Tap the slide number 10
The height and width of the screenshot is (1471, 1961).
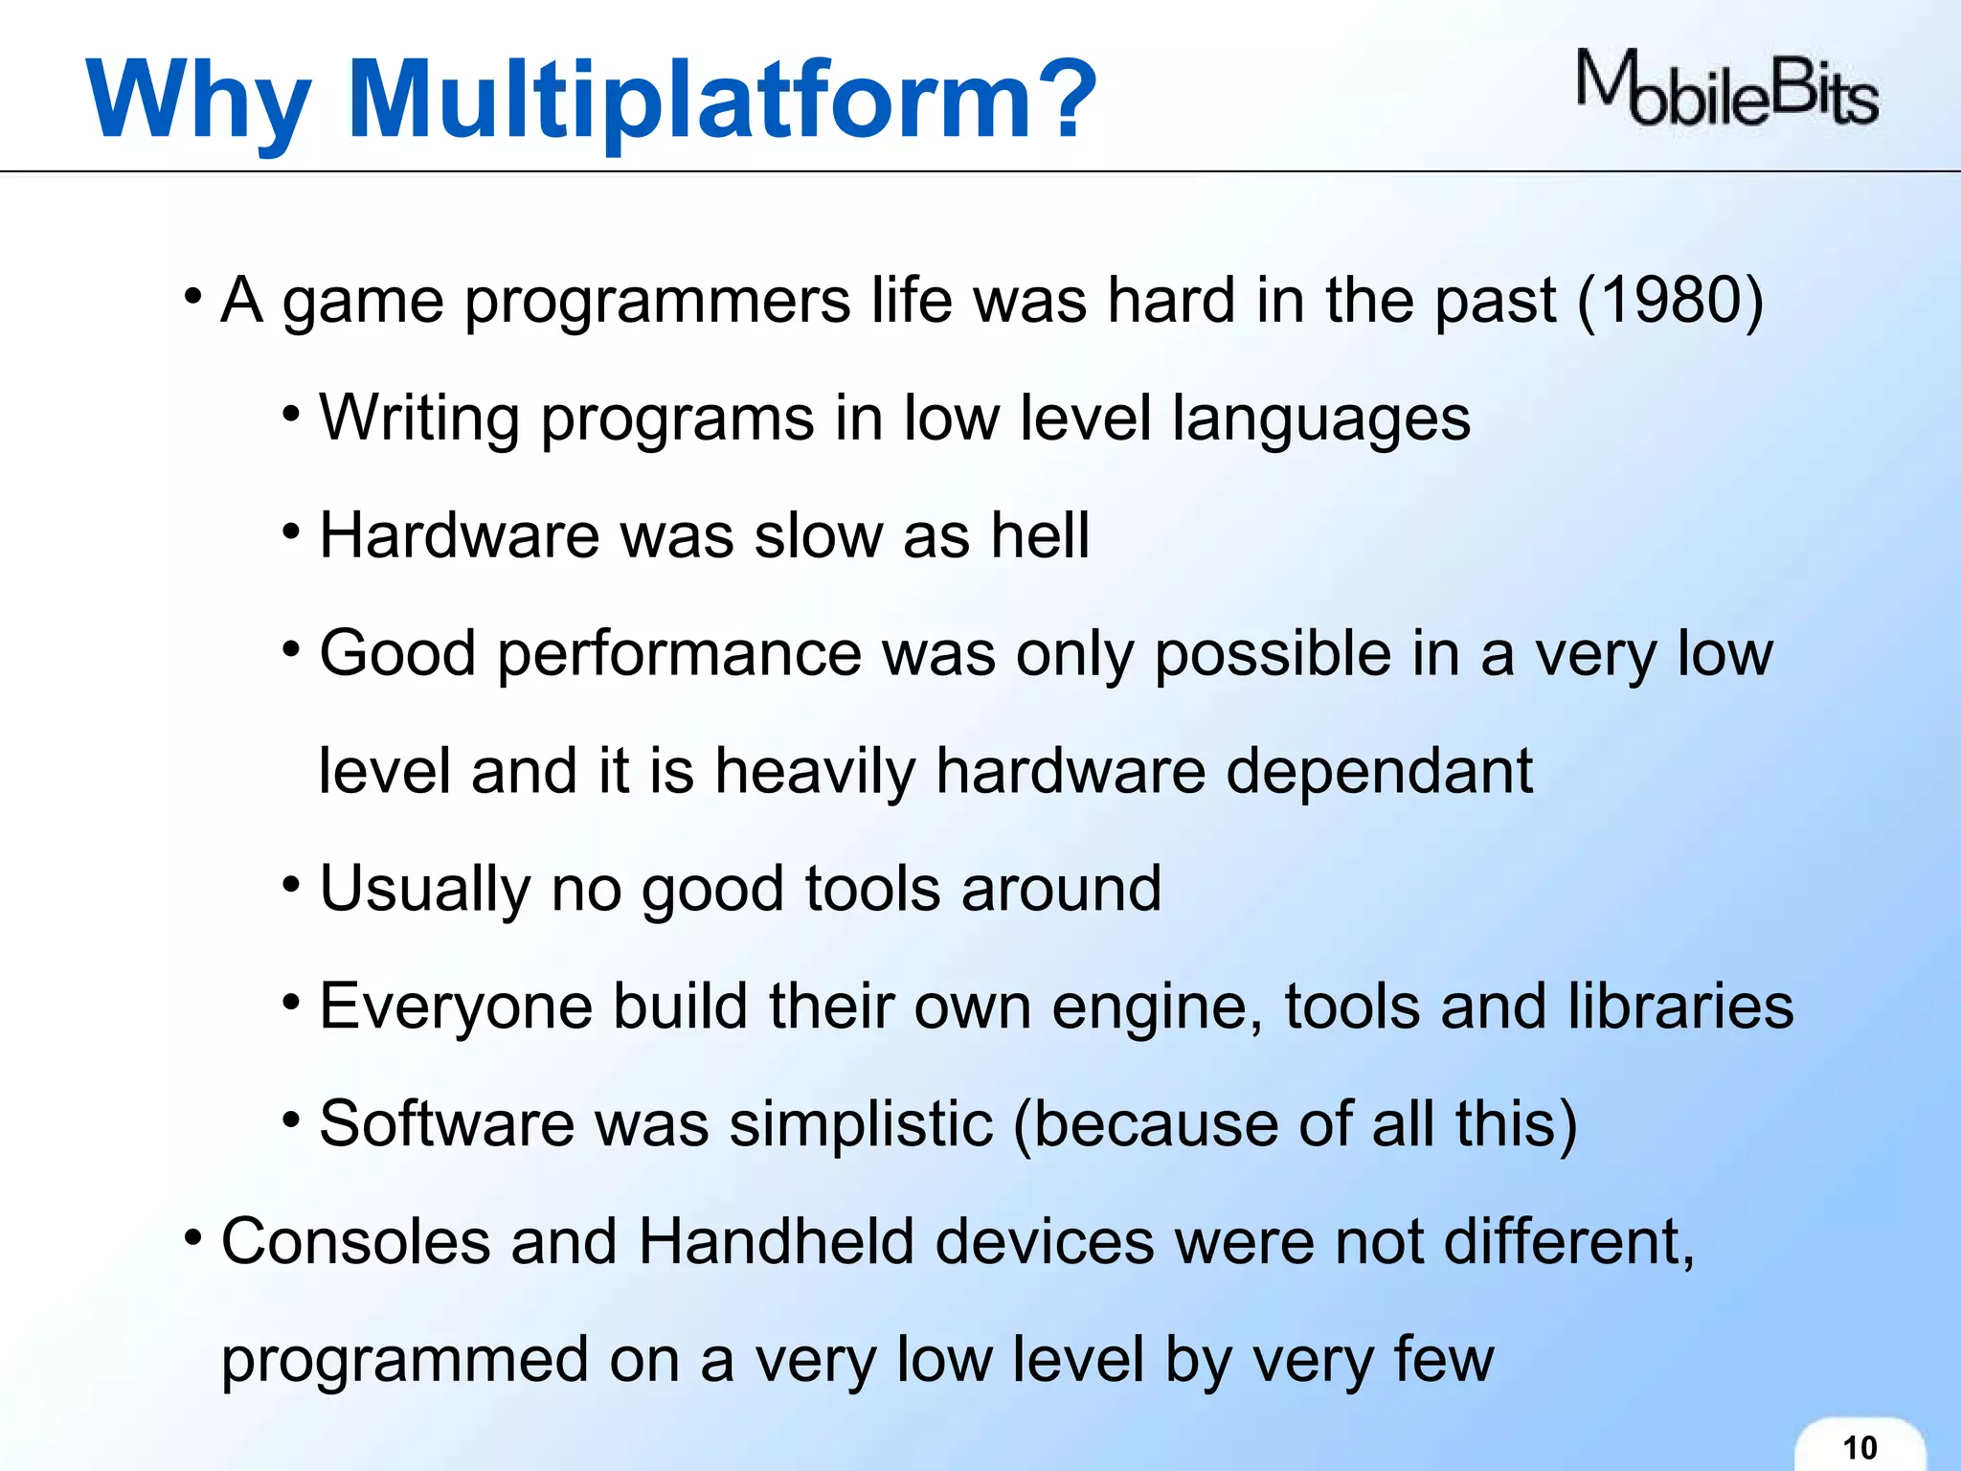point(1860,1447)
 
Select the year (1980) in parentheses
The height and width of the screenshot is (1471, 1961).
point(1669,301)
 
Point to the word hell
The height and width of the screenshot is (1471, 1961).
point(1040,535)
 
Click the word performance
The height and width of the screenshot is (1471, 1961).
point(679,655)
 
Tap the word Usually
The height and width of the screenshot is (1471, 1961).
point(424,889)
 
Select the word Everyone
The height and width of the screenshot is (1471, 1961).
point(455,1007)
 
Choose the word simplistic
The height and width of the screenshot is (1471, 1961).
point(861,1123)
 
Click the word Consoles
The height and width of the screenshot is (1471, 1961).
point(354,1241)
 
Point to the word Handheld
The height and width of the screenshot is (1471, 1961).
point(776,1241)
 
